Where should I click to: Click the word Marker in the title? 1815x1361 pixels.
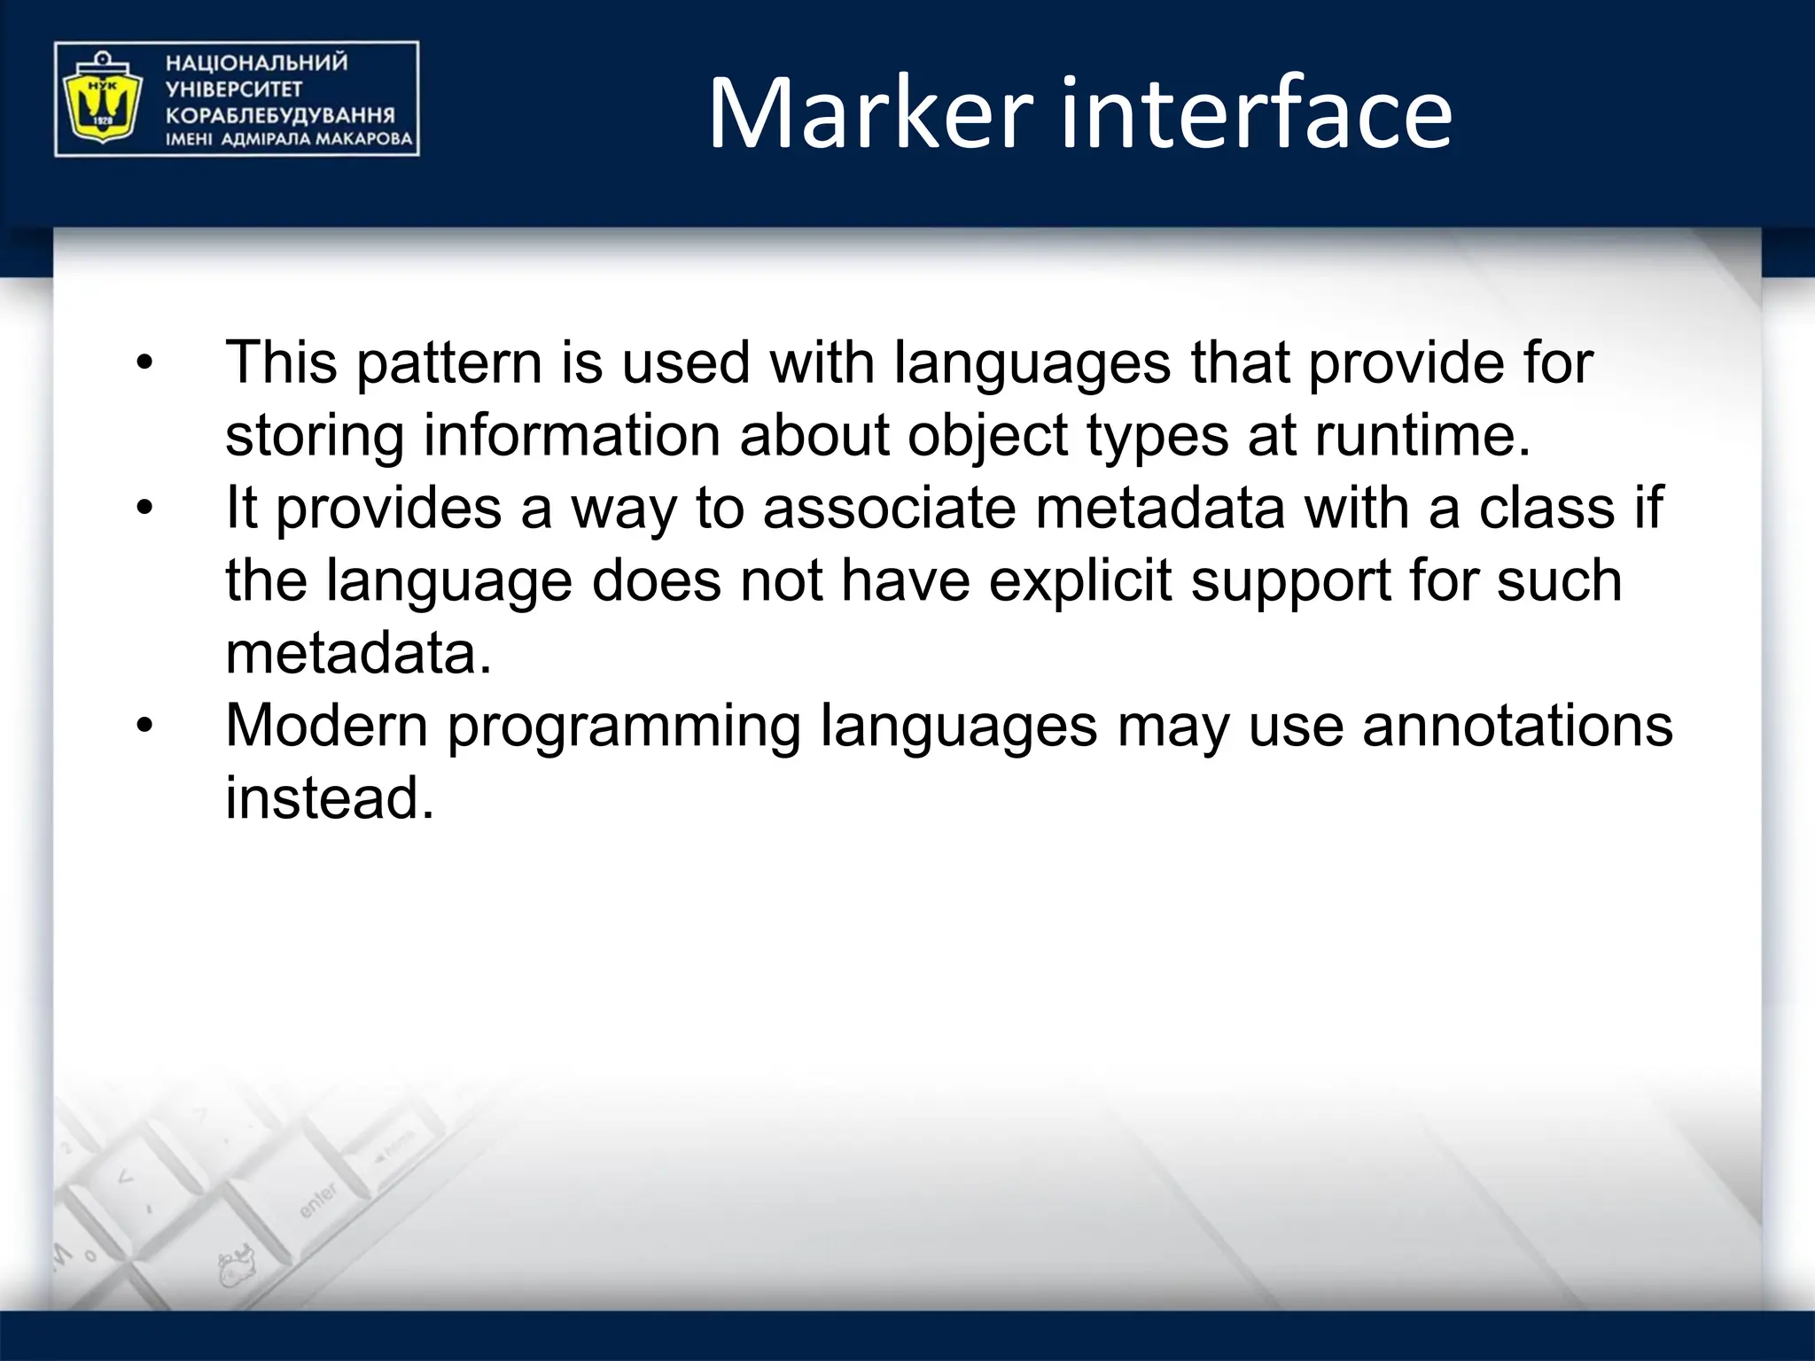(869, 114)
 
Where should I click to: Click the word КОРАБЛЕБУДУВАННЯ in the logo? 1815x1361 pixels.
(280, 115)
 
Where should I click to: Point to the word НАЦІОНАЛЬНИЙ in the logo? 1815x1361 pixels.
(257, 63)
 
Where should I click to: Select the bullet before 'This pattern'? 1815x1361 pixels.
(144, 362)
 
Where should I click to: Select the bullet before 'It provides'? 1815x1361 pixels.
(144, 508)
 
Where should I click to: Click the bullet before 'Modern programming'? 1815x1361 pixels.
(144, 726)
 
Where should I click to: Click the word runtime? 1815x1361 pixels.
(1422, 435)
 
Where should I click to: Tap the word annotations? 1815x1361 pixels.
(1517, 726)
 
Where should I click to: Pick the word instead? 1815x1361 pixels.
(330, 797)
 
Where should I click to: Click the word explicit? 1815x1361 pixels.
(1080, 580)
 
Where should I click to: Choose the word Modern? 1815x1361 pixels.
(327, 726)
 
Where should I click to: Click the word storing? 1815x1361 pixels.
(315, 437)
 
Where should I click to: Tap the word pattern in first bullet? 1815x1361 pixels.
(449, 364)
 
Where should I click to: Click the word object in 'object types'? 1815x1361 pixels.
(987, 437)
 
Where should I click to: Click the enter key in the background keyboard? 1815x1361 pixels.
(318, 1200)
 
